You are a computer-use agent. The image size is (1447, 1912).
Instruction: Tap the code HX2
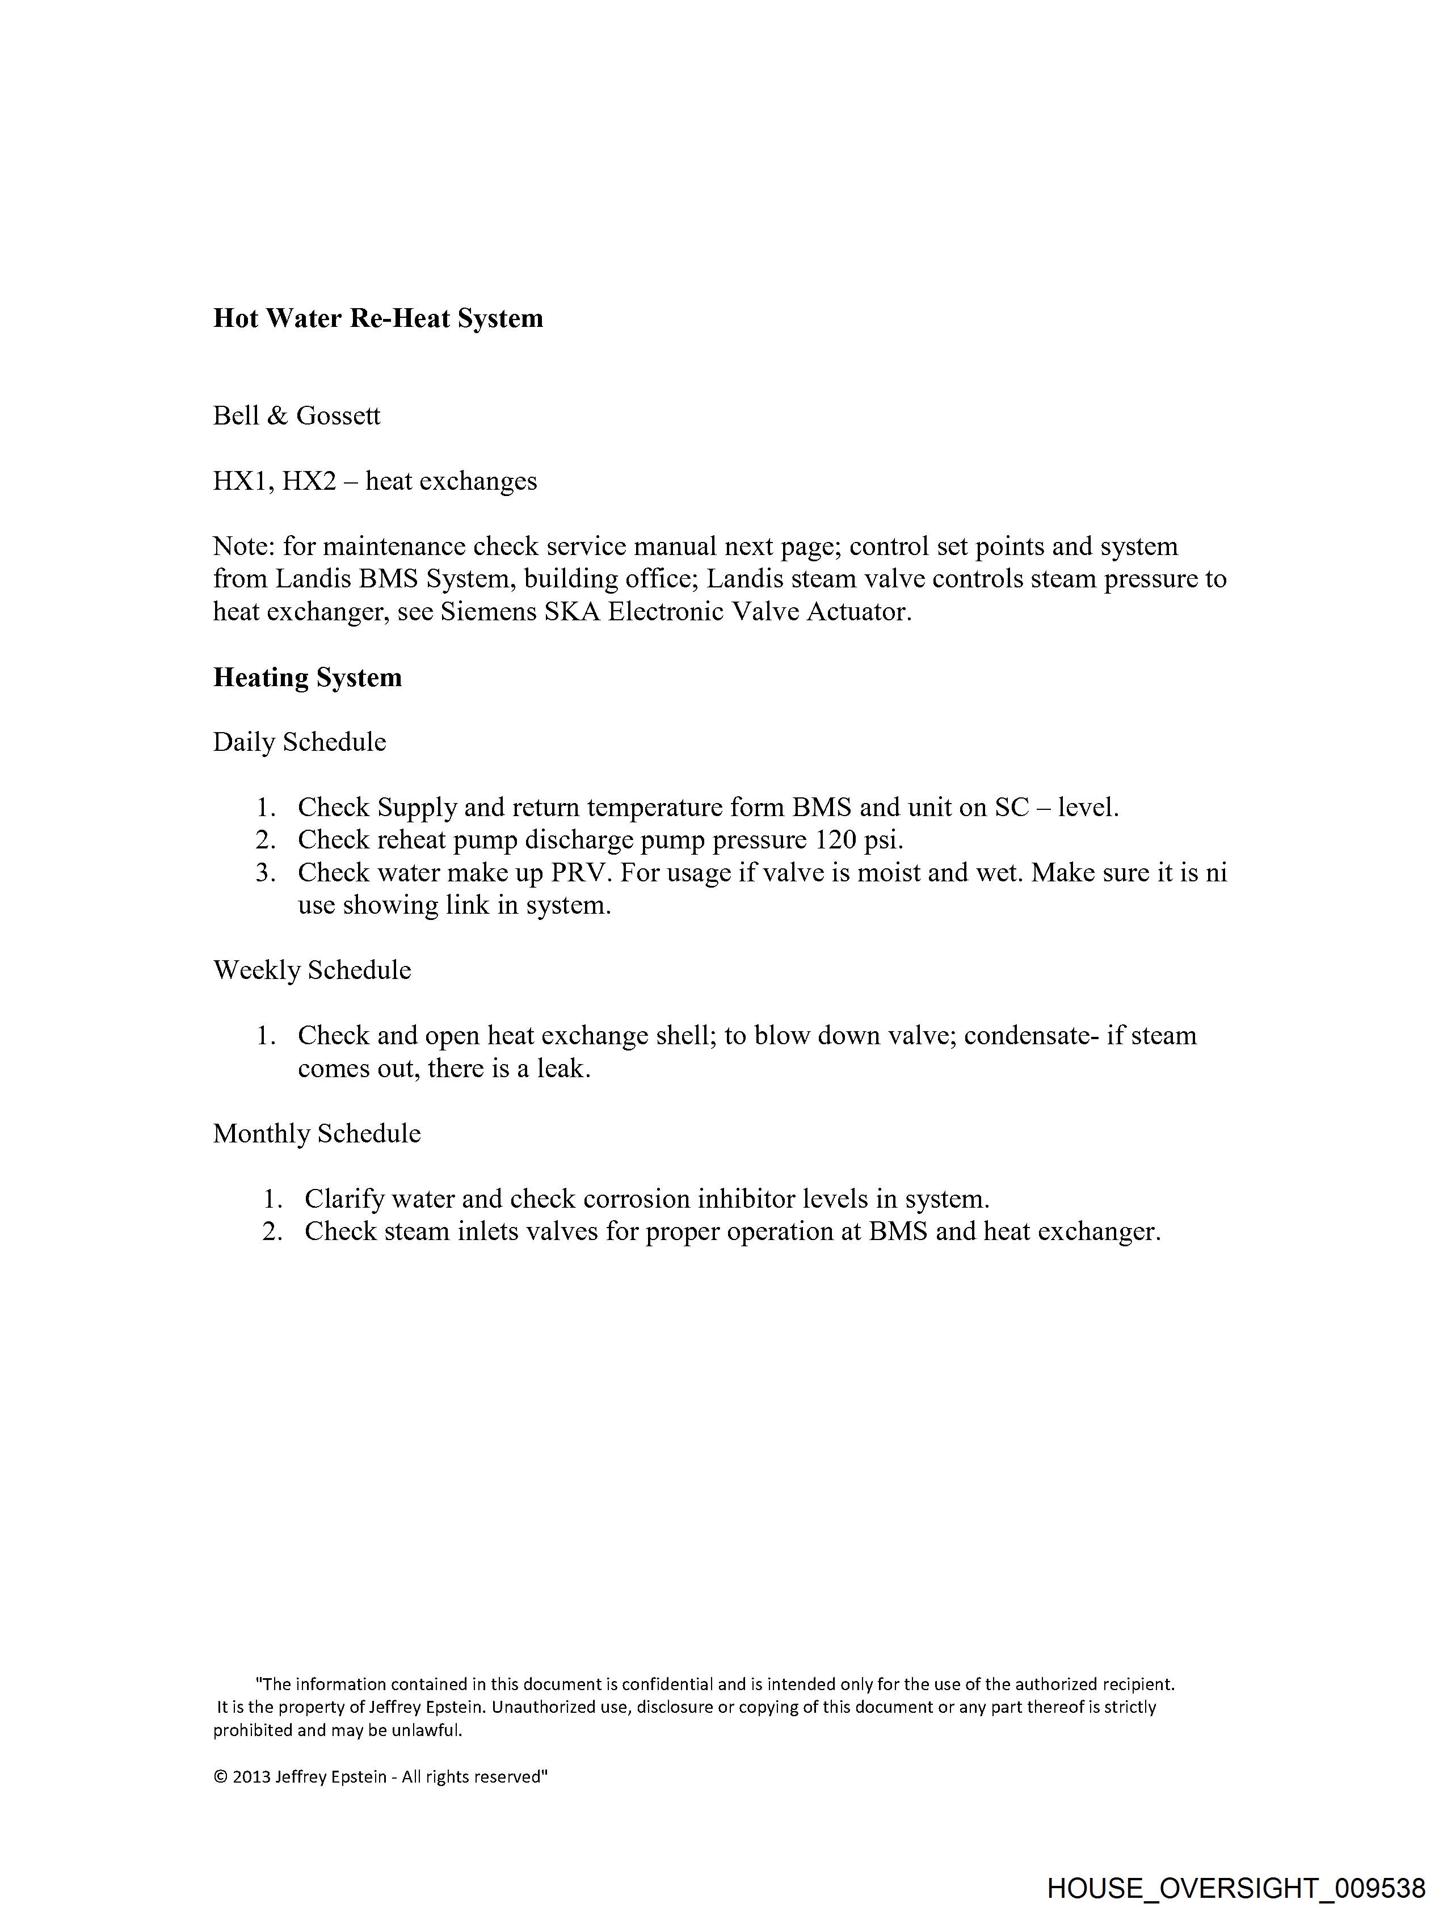[x=309, y=481]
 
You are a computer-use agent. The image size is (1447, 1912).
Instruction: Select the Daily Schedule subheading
[x=299, y=742]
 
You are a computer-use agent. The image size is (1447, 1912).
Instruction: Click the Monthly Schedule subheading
[x=317, y=1133]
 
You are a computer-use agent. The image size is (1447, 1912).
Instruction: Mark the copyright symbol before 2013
[x=220, y=1777]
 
